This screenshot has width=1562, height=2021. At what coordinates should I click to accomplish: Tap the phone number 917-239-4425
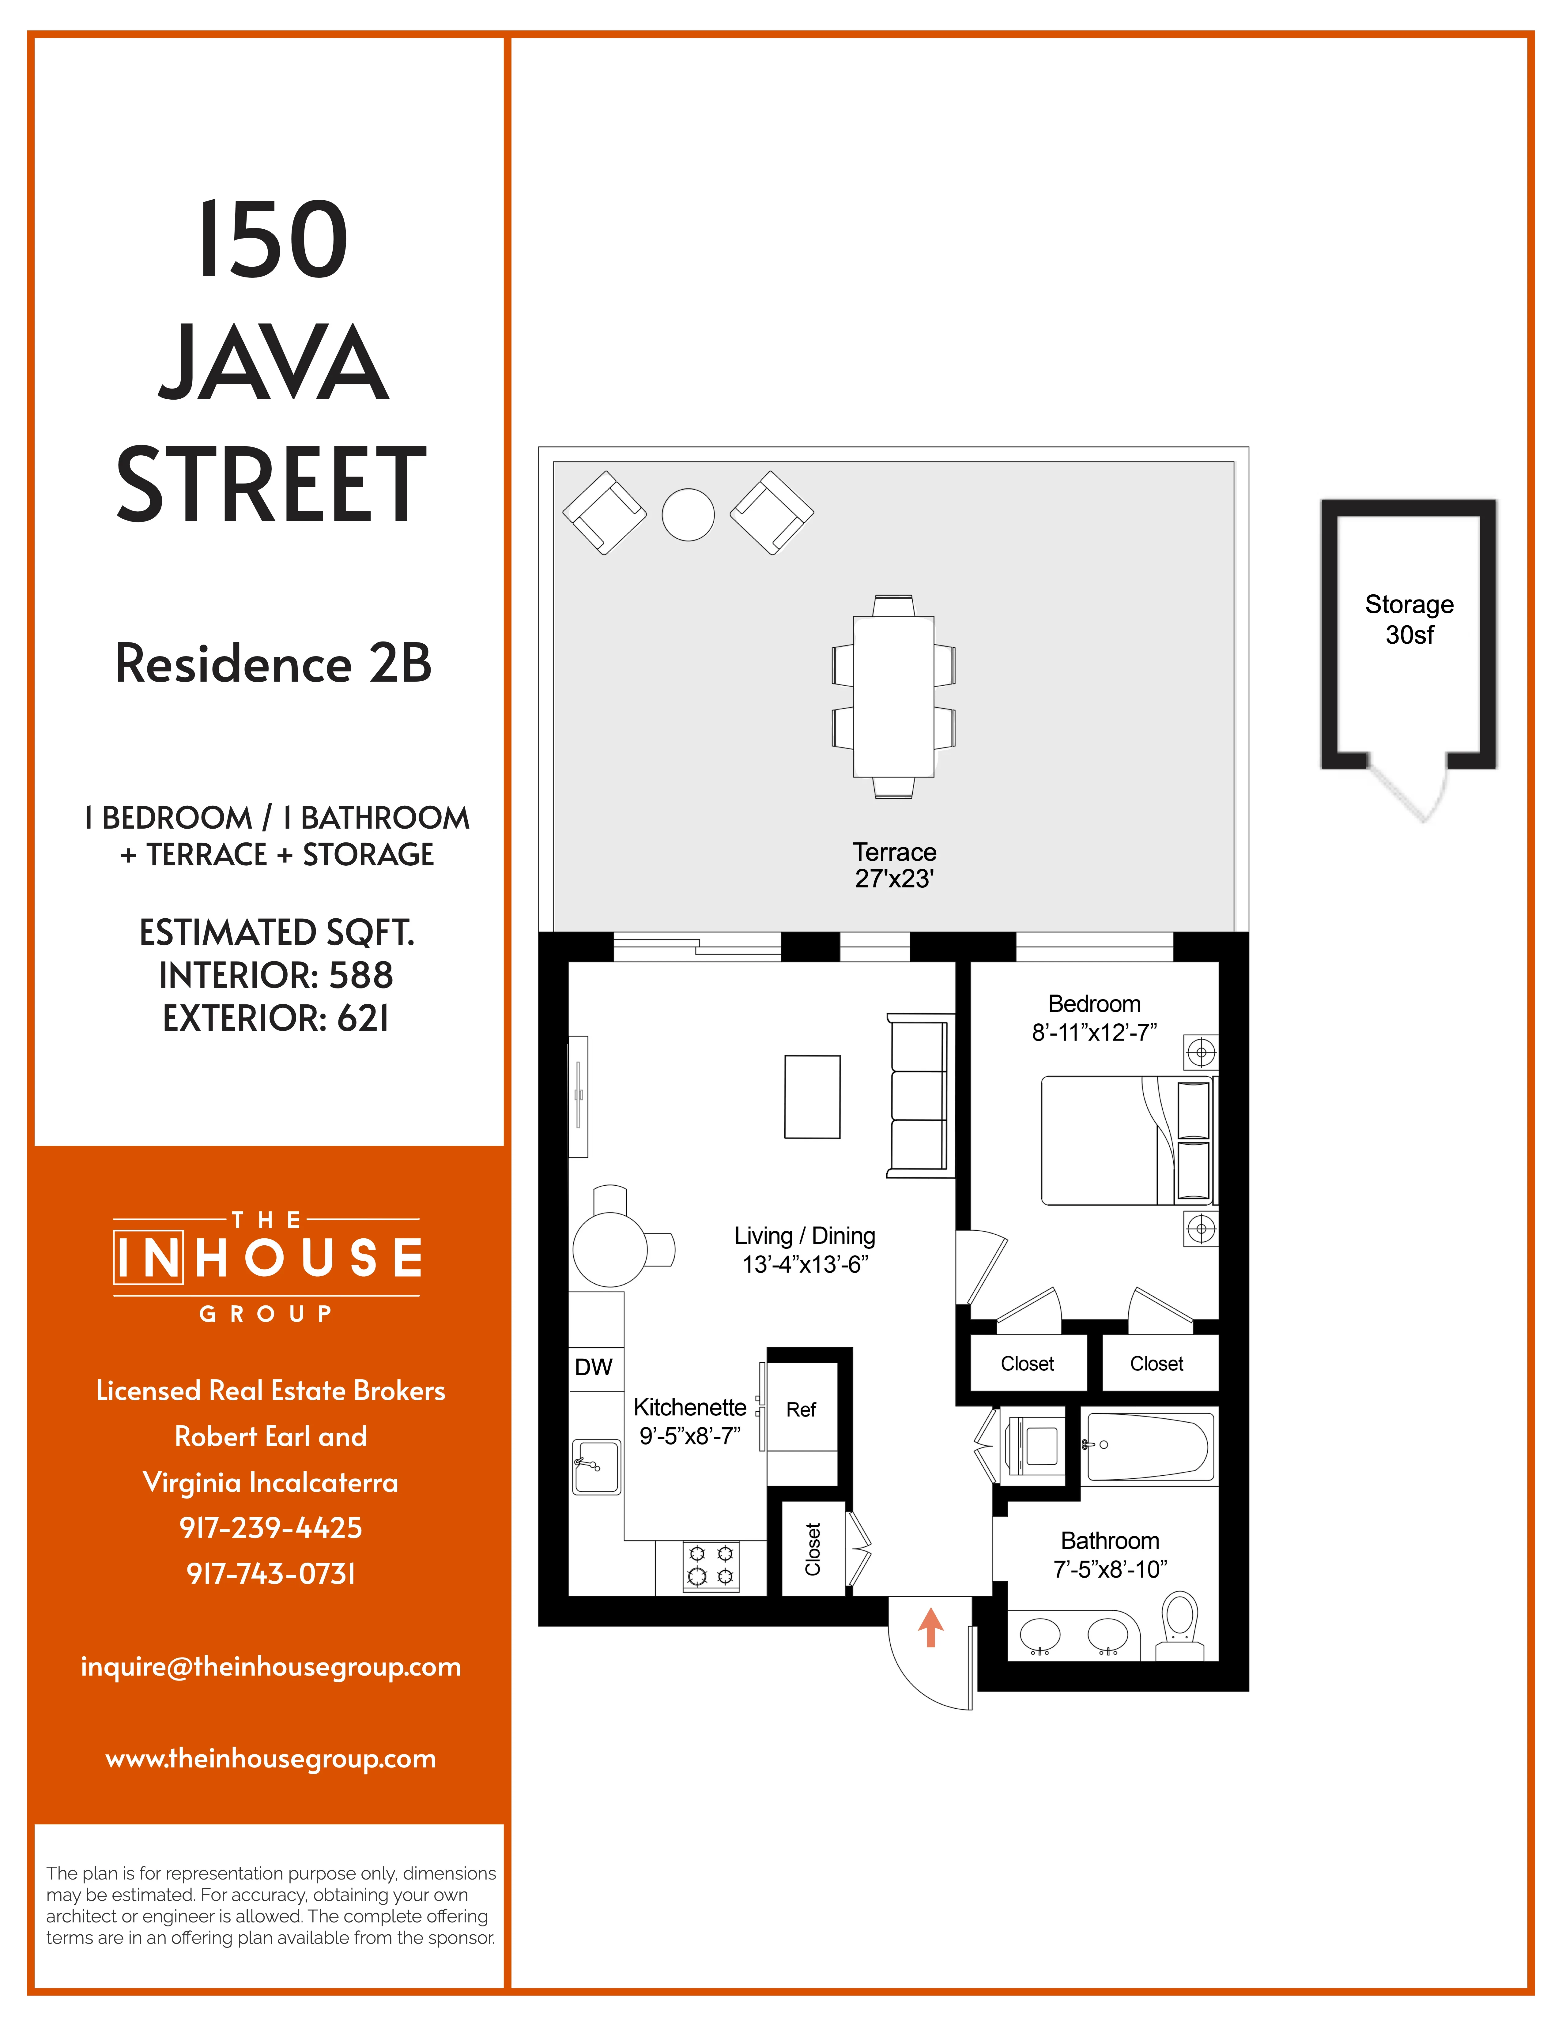coord(270,1528)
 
